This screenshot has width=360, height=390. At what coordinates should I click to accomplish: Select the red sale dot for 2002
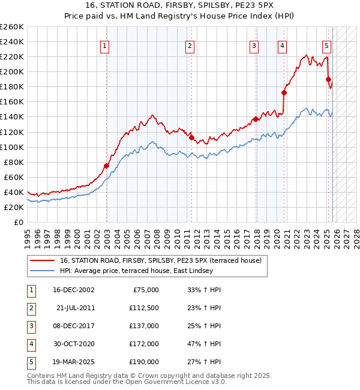click(x=106, y=166)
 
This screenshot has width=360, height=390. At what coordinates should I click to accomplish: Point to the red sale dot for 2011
click(x=191, y=137)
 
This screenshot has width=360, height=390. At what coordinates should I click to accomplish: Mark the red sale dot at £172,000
click(x=284, y=92)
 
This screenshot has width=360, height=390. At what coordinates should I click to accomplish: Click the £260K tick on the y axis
click(x=12, y=27)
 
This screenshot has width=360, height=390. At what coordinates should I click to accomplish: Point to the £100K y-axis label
click(x=12, y=147)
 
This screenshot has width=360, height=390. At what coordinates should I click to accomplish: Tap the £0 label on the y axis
click(x=19, y=222)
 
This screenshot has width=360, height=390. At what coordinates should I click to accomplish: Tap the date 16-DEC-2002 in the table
click(x=74, y=290)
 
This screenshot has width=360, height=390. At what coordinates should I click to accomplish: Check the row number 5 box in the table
click(x=30, y=362)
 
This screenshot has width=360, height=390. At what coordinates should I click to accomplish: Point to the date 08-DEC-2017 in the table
click(x=74, y=326)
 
